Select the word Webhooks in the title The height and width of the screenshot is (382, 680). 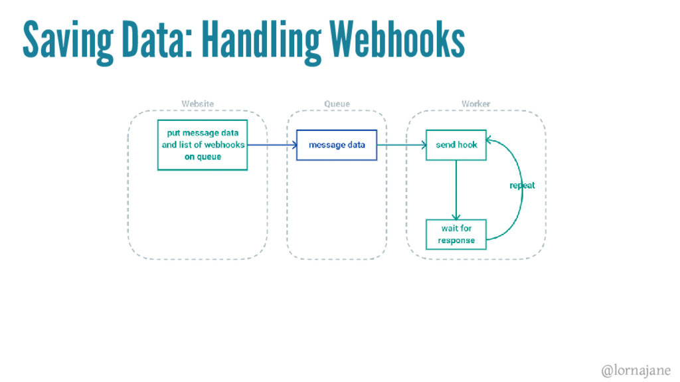click(397, 39)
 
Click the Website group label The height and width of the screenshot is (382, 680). click(198, 104)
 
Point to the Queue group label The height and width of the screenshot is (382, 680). click(337, 104)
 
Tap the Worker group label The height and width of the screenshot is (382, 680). click(475, 104)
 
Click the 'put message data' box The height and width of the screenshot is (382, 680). click(203, 145)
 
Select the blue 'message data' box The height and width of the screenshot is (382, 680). click(337, 145)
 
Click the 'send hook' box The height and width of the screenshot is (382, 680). click(456, 145)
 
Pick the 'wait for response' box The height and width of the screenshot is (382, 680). click(456, 235)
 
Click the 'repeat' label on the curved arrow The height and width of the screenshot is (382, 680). click(522, 185)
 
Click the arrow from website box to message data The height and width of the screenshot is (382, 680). click(272, 145)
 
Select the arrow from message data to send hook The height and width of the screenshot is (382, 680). click(402, 145)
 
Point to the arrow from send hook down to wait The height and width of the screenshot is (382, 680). click(456, 190)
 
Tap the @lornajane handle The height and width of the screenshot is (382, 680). click(636, 370)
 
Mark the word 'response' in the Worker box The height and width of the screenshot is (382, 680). click(456, 240)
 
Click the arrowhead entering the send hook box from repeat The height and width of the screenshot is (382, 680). click(488, 140)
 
